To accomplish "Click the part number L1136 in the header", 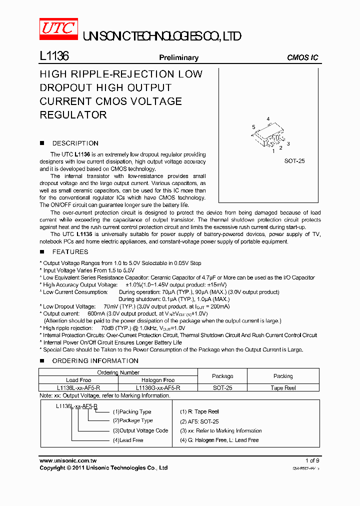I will [54, 56].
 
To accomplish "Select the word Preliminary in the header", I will [178, 57].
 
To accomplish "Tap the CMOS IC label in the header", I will [302, 57].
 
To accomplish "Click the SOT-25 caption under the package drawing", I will [294, 161].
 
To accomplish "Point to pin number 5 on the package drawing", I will [253, 126].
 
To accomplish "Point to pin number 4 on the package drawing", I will [268, 119].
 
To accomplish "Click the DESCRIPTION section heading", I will [75, 143].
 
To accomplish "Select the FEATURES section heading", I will [70, 252].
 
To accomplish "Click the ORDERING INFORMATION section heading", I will [95, 361].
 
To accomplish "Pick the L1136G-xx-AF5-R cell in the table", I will [158, 387].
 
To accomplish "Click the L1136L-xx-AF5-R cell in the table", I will [78, 387].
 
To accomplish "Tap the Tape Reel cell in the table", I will [283, 387].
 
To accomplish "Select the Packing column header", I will [283, 376].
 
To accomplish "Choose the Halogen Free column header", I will [158, 380].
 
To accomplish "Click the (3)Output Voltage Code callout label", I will [140, 430].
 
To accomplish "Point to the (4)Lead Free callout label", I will [128, 440].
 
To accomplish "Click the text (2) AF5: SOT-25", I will [199, 421].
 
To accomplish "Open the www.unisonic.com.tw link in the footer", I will [68, 460].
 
